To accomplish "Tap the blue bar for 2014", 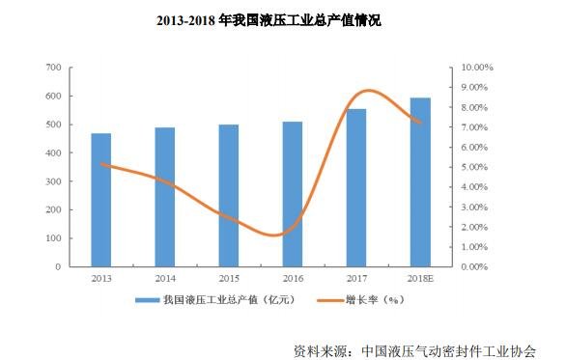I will pos(165,197).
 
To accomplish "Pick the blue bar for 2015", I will pos(228,195).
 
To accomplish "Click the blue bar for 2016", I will pos(293,194).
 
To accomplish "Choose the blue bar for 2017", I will pos(356,187).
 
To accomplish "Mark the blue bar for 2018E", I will pos(420,181).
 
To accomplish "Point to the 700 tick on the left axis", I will pos(53,68).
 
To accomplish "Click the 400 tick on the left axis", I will pos(53,153).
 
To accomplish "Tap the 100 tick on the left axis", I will pos(53,238).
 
